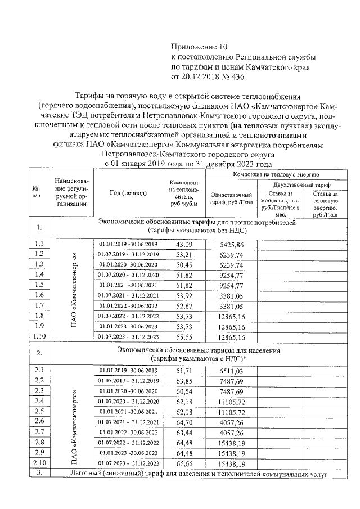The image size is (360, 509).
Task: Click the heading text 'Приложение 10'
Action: tap(201, 47)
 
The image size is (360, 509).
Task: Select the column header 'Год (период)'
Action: tap(128, 192)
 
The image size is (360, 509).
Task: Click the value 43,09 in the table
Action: tap(184, 245)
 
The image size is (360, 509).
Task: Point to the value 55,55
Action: tap(184, 336)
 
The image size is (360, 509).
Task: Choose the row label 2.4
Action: tap(39, 401)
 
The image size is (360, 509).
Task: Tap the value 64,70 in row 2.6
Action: tap(184, 421)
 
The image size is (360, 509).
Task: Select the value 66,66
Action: tap(184, 463)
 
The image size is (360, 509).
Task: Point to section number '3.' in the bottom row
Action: tap(39, 474)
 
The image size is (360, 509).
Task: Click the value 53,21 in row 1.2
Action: tap(184, 254)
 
